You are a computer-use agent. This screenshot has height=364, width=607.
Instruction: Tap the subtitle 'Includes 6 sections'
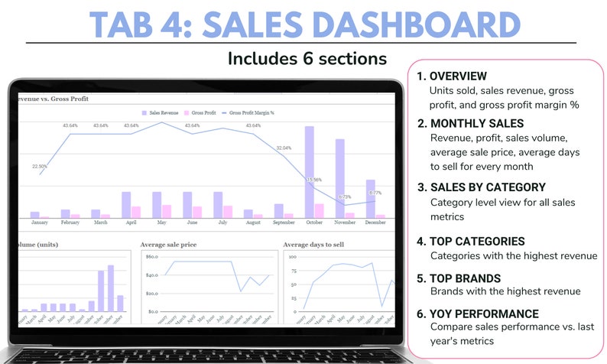307,58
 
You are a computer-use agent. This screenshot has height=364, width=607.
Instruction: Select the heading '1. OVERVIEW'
452,76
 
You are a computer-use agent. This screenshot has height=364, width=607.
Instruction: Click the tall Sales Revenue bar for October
310,172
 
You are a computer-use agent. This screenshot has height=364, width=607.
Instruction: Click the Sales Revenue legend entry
160,112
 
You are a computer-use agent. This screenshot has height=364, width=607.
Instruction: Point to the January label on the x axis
40,223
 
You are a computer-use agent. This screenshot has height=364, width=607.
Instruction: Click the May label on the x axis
161,223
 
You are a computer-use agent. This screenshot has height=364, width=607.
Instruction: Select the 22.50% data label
40,166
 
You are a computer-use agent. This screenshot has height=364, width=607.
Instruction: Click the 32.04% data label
284,148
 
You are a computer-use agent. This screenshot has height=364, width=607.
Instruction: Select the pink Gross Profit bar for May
167,211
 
